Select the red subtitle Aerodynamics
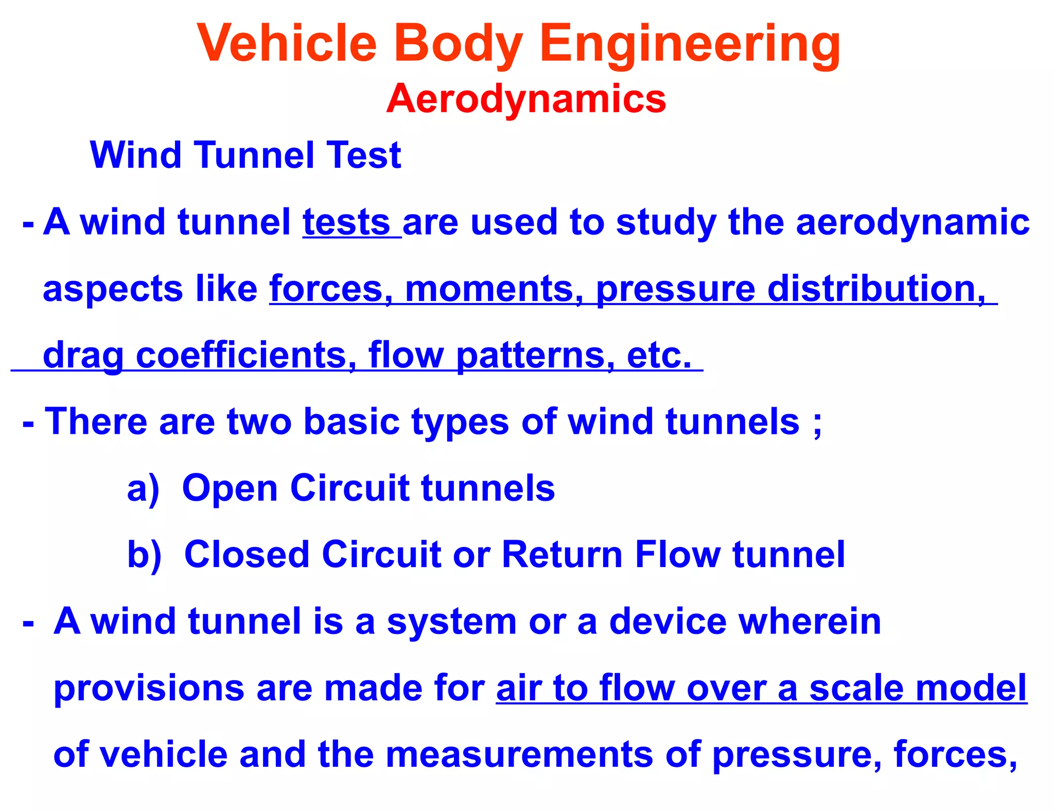[x=526, y=98]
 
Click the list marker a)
[x=143, y=488]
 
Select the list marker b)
[x=144, y=554]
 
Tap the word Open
[x=230, y=488]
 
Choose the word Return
[x=562, y=554]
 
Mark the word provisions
[x=149, y=688]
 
